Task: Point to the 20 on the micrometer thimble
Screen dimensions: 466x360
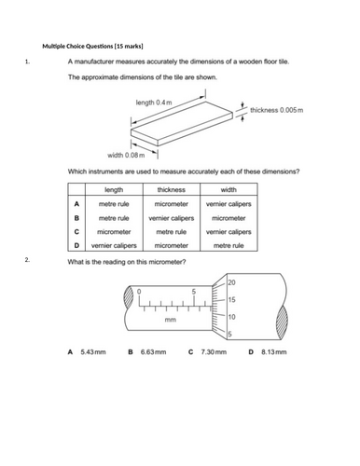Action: (231, 281)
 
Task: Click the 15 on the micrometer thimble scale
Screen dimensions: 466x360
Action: (231, 300)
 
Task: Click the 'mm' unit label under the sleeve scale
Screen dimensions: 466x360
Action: (170, 320)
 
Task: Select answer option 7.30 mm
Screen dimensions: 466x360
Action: (212, 353)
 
